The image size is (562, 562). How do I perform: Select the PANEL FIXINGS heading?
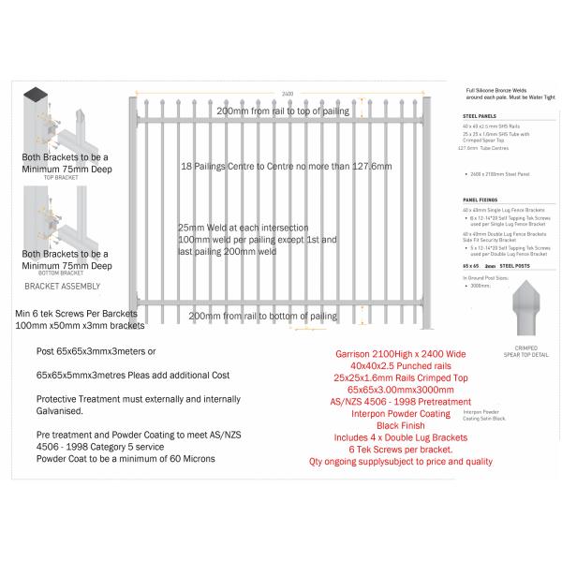(480, 199)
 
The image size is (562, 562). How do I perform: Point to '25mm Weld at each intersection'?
(244, 228)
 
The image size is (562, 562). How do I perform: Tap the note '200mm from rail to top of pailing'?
(282, 111)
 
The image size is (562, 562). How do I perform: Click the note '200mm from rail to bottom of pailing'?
(262, 317)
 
